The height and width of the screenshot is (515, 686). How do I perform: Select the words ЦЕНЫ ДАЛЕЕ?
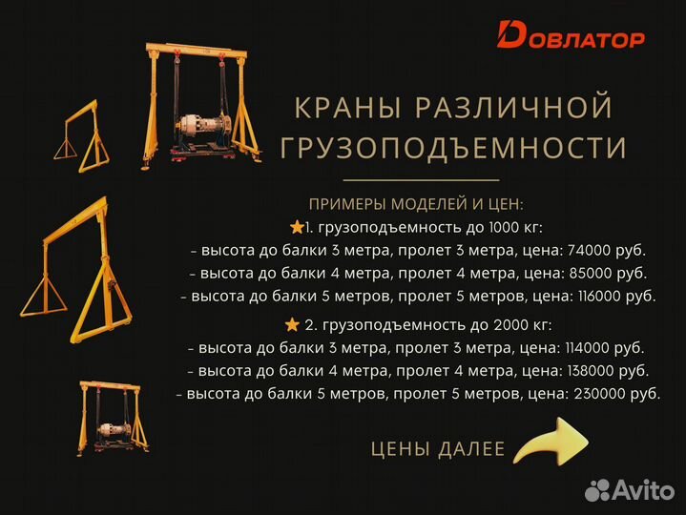tap(437, 448)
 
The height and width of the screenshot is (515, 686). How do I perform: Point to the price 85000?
tap(592, 274)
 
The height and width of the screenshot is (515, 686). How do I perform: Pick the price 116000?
tap(604, 297)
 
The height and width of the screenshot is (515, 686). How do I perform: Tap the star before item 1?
tap(296, 227)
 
